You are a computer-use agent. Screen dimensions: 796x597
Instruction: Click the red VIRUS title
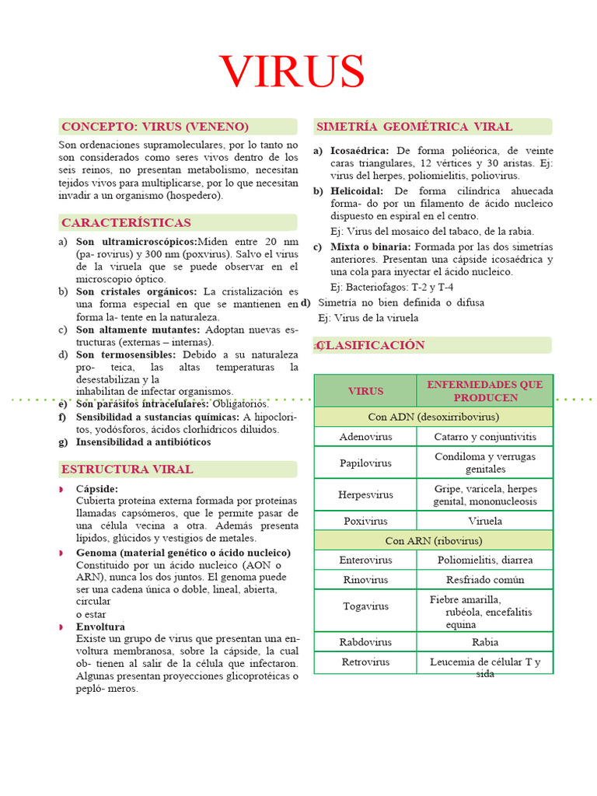click(x=292, y=72)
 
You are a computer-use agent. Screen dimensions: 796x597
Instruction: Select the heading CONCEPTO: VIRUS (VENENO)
click(x=155, y=127)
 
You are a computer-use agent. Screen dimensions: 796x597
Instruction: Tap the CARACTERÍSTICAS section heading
click(x=126, y=223)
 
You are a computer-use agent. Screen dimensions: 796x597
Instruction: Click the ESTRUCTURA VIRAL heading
click(x=127, y=470)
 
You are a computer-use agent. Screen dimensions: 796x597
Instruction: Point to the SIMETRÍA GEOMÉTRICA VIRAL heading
click(x=414, y=127)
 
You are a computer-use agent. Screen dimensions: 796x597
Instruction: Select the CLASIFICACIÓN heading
click(x=372, y=345)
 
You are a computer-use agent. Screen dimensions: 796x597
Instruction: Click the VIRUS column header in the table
click(x=365, y=391)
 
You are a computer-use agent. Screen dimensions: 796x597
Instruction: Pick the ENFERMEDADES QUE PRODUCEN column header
click(x=485, y=391)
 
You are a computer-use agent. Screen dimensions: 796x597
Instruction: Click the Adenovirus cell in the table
click(x=365, y=437)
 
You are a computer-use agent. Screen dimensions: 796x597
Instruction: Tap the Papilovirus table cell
click(x=365, y=463)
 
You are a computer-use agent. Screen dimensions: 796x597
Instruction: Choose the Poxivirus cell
click(x=365, y=521)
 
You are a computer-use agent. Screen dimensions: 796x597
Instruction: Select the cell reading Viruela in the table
click(x=485, y=521)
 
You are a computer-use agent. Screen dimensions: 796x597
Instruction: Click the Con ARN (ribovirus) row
click(x=434, y=540)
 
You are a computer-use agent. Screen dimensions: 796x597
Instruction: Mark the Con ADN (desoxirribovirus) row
click(x=434, y=417)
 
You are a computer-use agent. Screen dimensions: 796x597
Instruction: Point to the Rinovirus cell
click(x=365, y=580)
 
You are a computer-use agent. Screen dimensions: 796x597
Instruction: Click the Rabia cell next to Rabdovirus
click(x=485, y=642)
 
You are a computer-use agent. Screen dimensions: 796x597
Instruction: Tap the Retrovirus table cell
click(x=365, y=662)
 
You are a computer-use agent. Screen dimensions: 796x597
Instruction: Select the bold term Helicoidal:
click(x=357, y=190)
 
